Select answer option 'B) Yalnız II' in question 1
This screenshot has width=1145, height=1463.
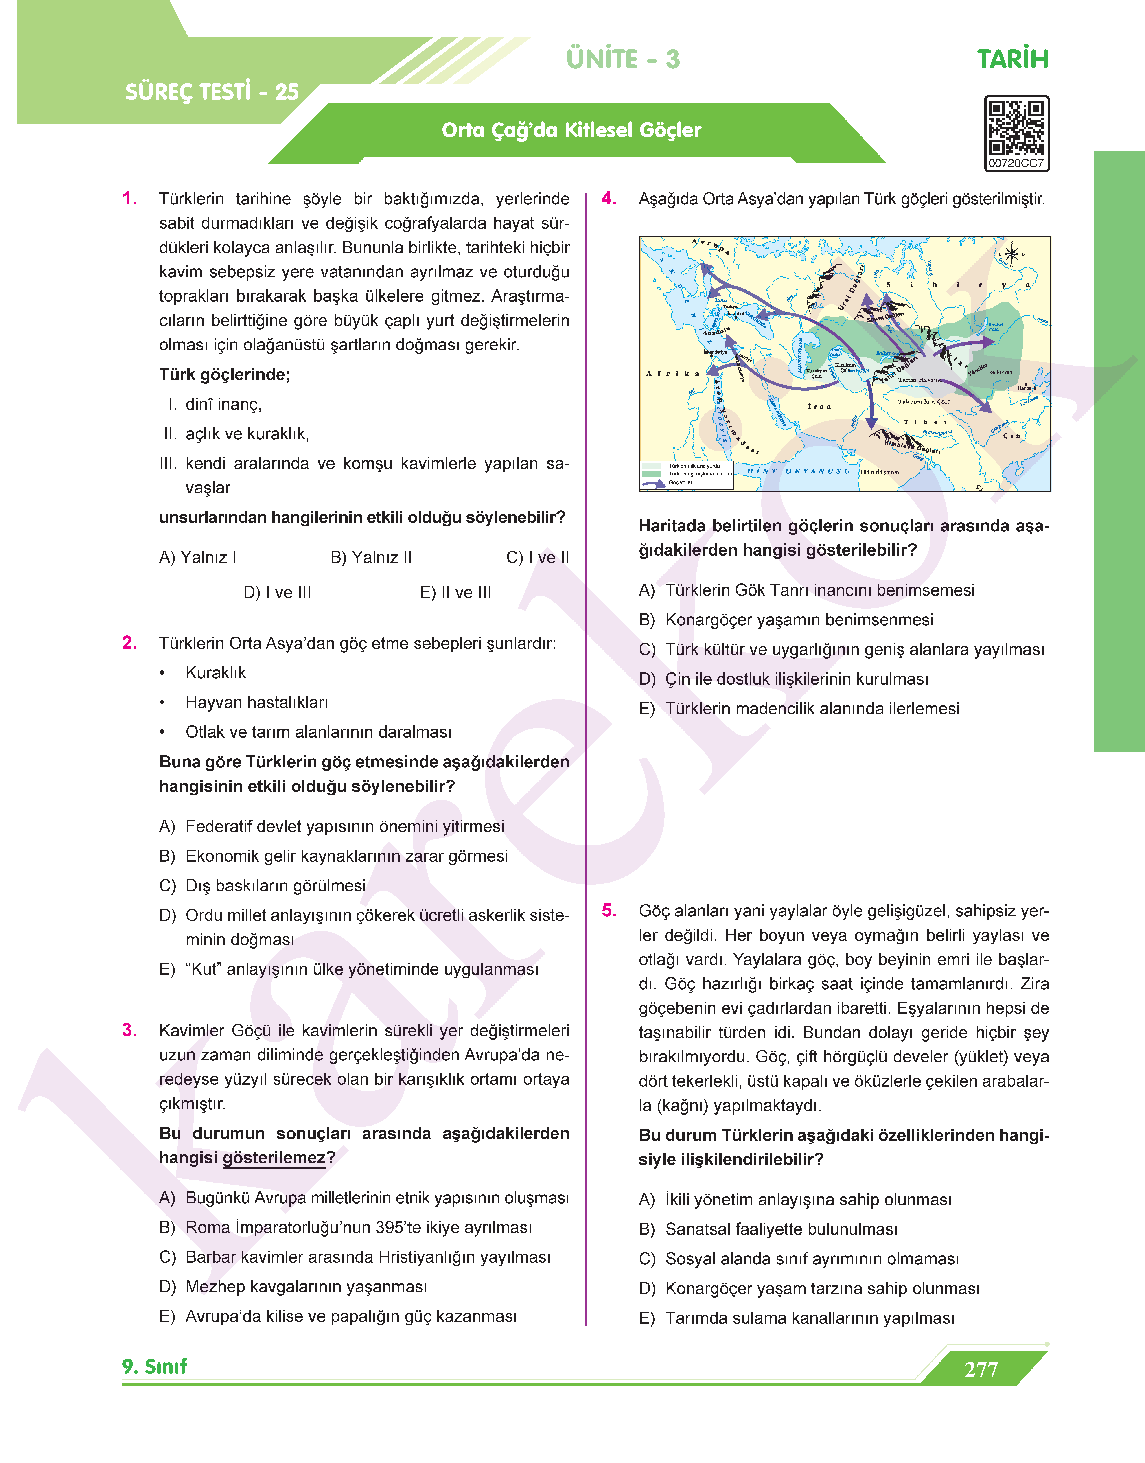pos(371,557)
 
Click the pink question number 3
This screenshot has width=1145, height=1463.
pos(130,1031)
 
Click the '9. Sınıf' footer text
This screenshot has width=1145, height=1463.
pos(155,1367)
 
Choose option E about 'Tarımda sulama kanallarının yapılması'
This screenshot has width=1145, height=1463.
pos(809,1318)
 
